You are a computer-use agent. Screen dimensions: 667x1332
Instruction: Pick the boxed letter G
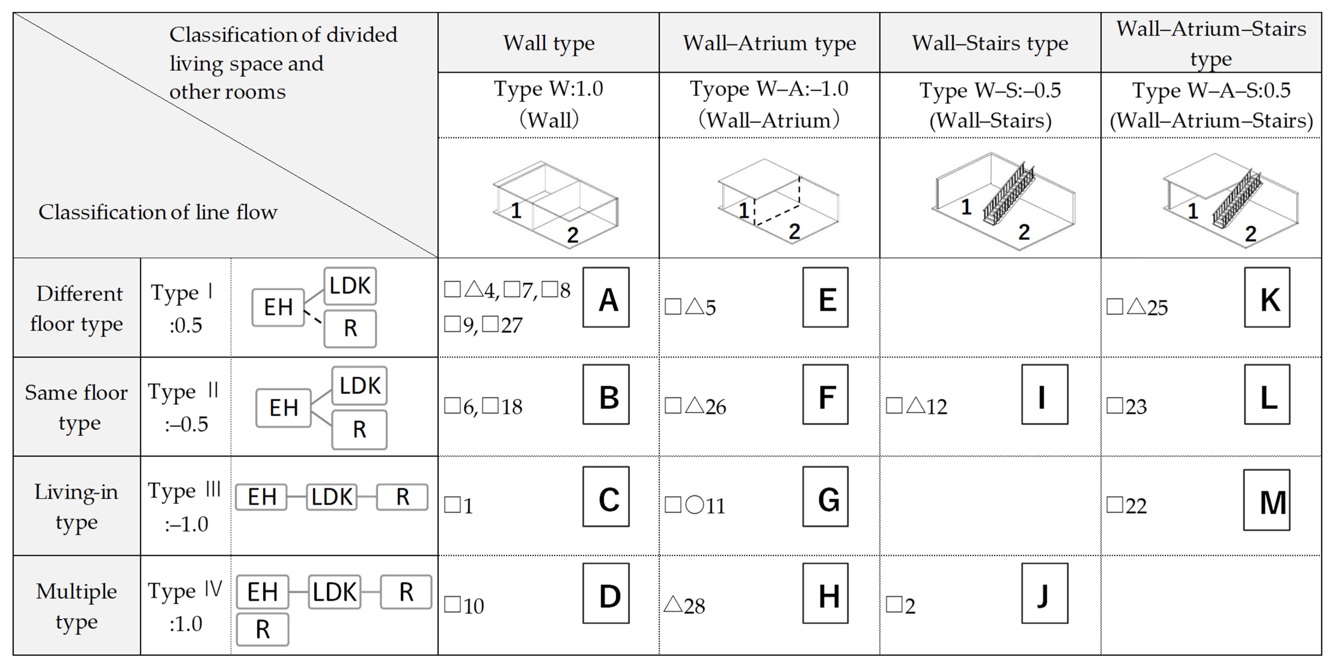click(x=825, y=497)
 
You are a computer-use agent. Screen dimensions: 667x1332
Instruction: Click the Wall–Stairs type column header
click(x=990, y=43)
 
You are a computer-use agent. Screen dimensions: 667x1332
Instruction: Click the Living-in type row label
click(x=77, y=506)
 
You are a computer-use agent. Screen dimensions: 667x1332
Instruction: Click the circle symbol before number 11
click(x=694, y=505)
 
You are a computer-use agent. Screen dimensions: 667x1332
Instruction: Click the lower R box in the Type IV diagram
click(x=263, y=629)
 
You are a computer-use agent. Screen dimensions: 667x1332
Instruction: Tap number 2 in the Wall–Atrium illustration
click(x=794, y=231)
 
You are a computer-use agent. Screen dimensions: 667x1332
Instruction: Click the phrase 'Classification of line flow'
click(x=158, y=212)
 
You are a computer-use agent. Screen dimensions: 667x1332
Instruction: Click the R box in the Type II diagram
click(x=359, y=429)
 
